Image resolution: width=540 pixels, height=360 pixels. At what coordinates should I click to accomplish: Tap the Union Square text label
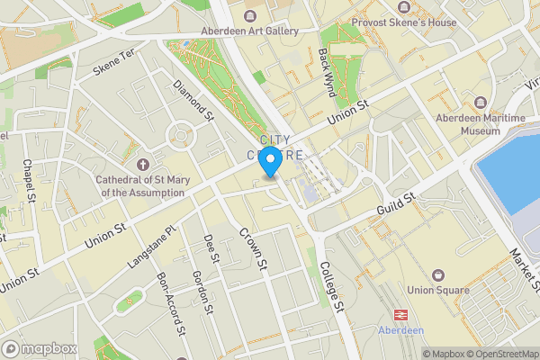pos(438,290)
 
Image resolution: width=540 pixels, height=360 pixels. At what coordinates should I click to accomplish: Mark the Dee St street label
pos(211,248)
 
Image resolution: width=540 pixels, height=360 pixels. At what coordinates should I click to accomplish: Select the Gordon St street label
pos(202,293)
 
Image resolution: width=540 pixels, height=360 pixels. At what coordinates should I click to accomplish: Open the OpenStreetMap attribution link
pos(498,354)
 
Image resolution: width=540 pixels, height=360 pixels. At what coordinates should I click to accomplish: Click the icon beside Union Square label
pos(438,274)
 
